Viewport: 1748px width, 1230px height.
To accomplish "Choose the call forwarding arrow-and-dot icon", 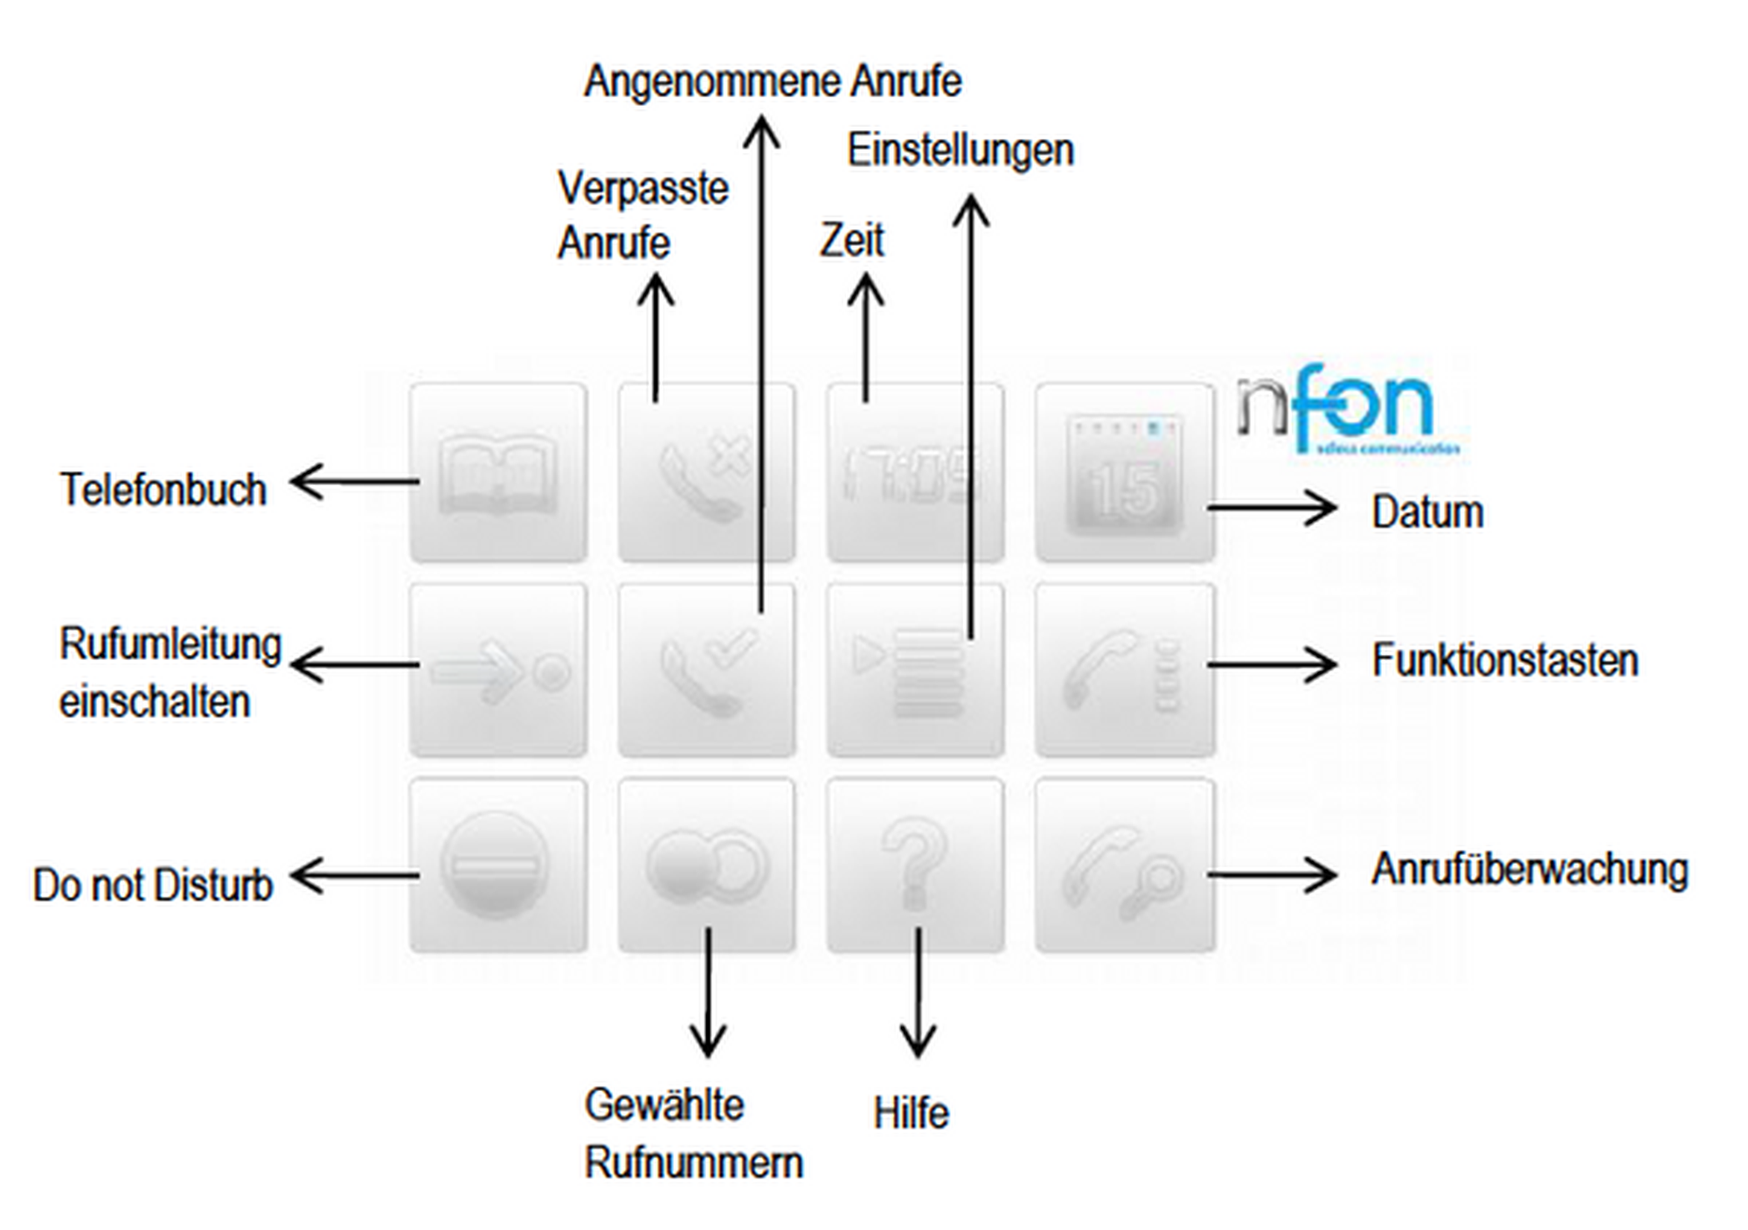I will (x=497, y=671).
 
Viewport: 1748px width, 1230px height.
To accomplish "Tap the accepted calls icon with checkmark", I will (x=706, y=671).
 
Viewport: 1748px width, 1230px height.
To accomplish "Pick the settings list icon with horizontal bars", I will (x=914, y=671).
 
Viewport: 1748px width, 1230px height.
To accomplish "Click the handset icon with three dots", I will (x=1125, y=671).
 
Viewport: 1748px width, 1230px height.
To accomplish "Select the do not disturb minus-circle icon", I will (x=497, y=865).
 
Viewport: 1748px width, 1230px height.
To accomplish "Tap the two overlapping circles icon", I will (x=706, y=865).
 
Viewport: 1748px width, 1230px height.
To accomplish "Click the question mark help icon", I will (x=914, y=865).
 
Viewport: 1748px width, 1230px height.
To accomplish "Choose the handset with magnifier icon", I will (x=1125, y=865).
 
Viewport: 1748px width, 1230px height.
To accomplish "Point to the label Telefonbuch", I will (x=163, y=490).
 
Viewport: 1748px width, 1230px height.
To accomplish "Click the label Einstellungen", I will (x=960, y=151).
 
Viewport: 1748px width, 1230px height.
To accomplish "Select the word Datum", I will (x=1427, y=512).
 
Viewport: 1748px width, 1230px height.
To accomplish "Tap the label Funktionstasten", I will (x=1504, y=661).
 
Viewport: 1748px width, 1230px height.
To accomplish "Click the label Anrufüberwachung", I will (x=1529, y=871).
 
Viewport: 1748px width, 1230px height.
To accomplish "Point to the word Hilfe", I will (x=911, y=1114).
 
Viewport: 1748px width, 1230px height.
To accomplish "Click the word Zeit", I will (x=851, y=240).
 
